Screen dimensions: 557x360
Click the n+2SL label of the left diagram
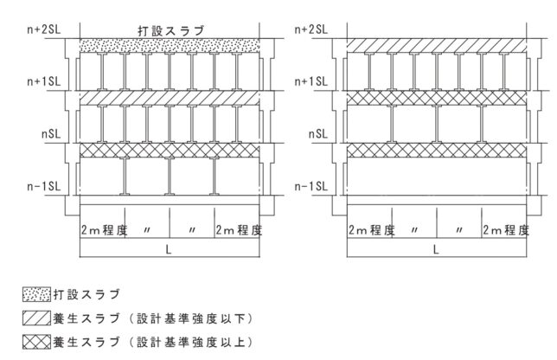pyautogui.click(x=44, y=29)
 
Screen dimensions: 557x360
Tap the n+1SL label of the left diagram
pyautogui.click(x=44, y=81)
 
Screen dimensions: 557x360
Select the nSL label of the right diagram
pyautogui.click(x=318, y=134)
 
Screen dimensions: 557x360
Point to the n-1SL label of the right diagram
pyautogui.click(x=311, y=186)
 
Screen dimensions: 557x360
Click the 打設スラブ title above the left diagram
pyautogui.click(x=171, y=30)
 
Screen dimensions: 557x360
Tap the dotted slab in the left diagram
pyautogui.click(x=170, y=46)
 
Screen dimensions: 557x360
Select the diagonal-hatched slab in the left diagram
pyautogui.click(x=170, y=98)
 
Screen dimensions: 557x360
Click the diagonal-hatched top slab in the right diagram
pyautogui.click(x=437, y=46)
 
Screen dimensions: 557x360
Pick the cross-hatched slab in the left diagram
pyautogui.click(x=170, y=151)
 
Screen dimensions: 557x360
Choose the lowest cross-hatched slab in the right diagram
pyautogui.click(x=437, y=151)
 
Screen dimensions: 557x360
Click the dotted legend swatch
pyautogui.click(x=36, y=294)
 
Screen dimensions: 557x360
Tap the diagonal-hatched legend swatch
pyautogui.click(x=36, y=318)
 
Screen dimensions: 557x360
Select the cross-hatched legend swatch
pyautogui.click(x=36, y=342)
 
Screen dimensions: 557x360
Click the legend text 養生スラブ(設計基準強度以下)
pyautogui.click(x=153, y=318)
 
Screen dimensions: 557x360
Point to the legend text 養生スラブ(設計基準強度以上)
pyautogui.click(x=153, y=342)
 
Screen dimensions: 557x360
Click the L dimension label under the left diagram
pyautogui.click(x=169, y=249)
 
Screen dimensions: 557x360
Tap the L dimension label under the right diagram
pyautogui.click(x=436, y=249)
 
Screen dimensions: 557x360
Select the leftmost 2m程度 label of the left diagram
pyautogui.click(x=104, y=230)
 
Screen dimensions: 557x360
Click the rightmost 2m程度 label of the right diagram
pyautogui.click(x=506, y=230)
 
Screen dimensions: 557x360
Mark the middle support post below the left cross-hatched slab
pyautogui.click(x=170, y=177)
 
